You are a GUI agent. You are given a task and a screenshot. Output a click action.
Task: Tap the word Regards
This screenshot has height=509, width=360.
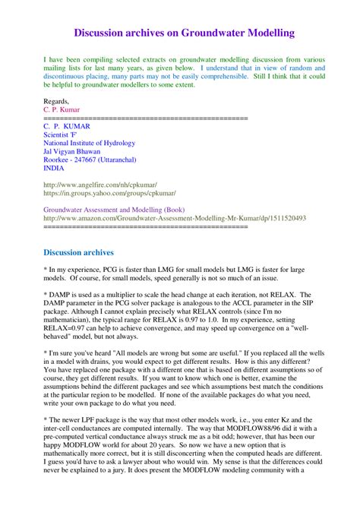tap(58, 100)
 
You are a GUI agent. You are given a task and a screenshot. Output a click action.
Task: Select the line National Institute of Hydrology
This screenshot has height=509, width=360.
tap(90, 143)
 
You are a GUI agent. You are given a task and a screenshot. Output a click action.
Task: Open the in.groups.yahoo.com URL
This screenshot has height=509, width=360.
tap(110, 194)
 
